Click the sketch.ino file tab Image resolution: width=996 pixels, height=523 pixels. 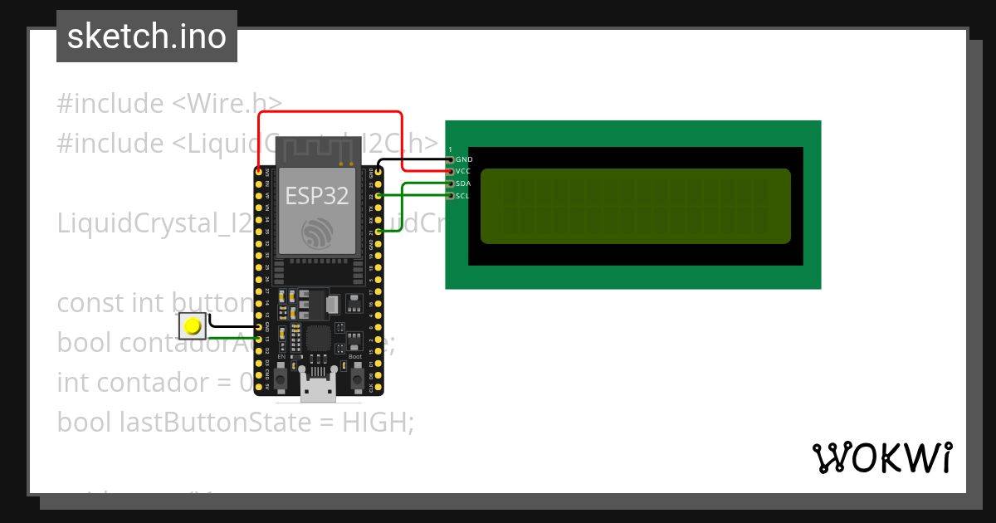pos(147,37)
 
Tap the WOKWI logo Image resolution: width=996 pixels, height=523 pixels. pos(881,457)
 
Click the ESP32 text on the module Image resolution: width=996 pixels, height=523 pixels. pos(317,195)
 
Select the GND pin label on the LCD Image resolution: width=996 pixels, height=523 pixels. pos(464,159)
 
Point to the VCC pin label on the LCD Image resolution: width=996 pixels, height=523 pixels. pos(463,170)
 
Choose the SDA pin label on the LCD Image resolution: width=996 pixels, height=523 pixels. pos(463,183)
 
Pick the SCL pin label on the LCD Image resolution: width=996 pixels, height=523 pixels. pos(462,196)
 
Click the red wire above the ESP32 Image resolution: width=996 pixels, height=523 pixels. pos(332,112)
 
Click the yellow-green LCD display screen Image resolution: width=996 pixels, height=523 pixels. pos(635,206)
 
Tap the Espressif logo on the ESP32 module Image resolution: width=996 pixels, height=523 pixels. pos(317,232)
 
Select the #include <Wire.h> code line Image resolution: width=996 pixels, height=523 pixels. pos(169,104)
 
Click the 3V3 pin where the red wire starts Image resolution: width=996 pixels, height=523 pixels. pos(259,172)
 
